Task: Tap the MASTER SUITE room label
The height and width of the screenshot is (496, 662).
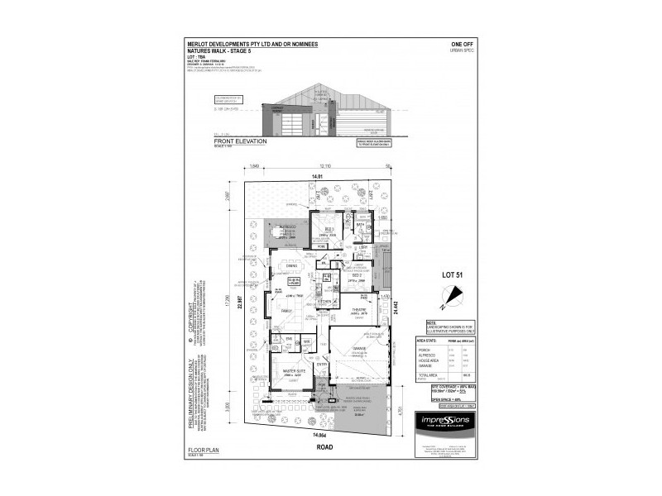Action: click(x=292, y=371)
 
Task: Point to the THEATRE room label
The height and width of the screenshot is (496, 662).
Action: click(x=358, y=312)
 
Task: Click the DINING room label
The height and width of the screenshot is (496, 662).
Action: click(x=291, y=265)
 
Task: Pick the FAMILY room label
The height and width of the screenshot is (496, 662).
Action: click(x=286, y=309)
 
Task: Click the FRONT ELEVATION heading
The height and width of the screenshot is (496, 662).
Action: click(x=233, y=141)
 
